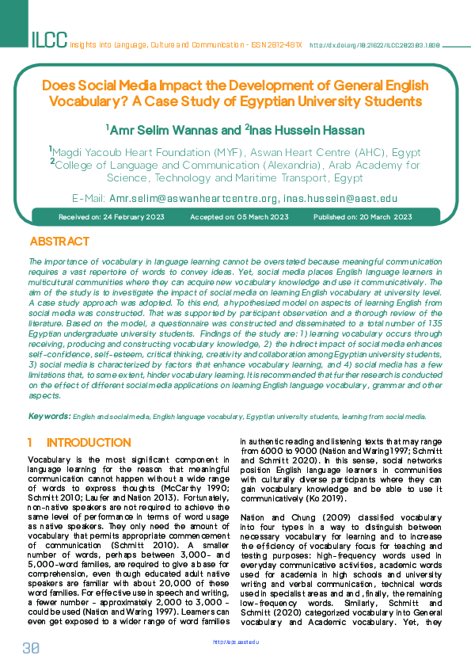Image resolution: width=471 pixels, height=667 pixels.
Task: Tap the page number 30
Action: pyautogui.click(x=31, y=647)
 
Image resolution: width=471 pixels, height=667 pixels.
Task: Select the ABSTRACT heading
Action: pyautogui.click(x=59, y=242)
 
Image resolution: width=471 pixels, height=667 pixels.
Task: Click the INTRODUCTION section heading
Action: pyautogui.click(x=89, y=442)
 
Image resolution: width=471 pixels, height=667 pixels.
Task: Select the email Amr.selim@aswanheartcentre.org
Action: pyautogui.click(x=193, y=198)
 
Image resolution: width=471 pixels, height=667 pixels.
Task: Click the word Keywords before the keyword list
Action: pyautogui.click(x=49, y=416)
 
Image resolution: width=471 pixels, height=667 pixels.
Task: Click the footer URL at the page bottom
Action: pyautogui.click(x=236, y=642)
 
